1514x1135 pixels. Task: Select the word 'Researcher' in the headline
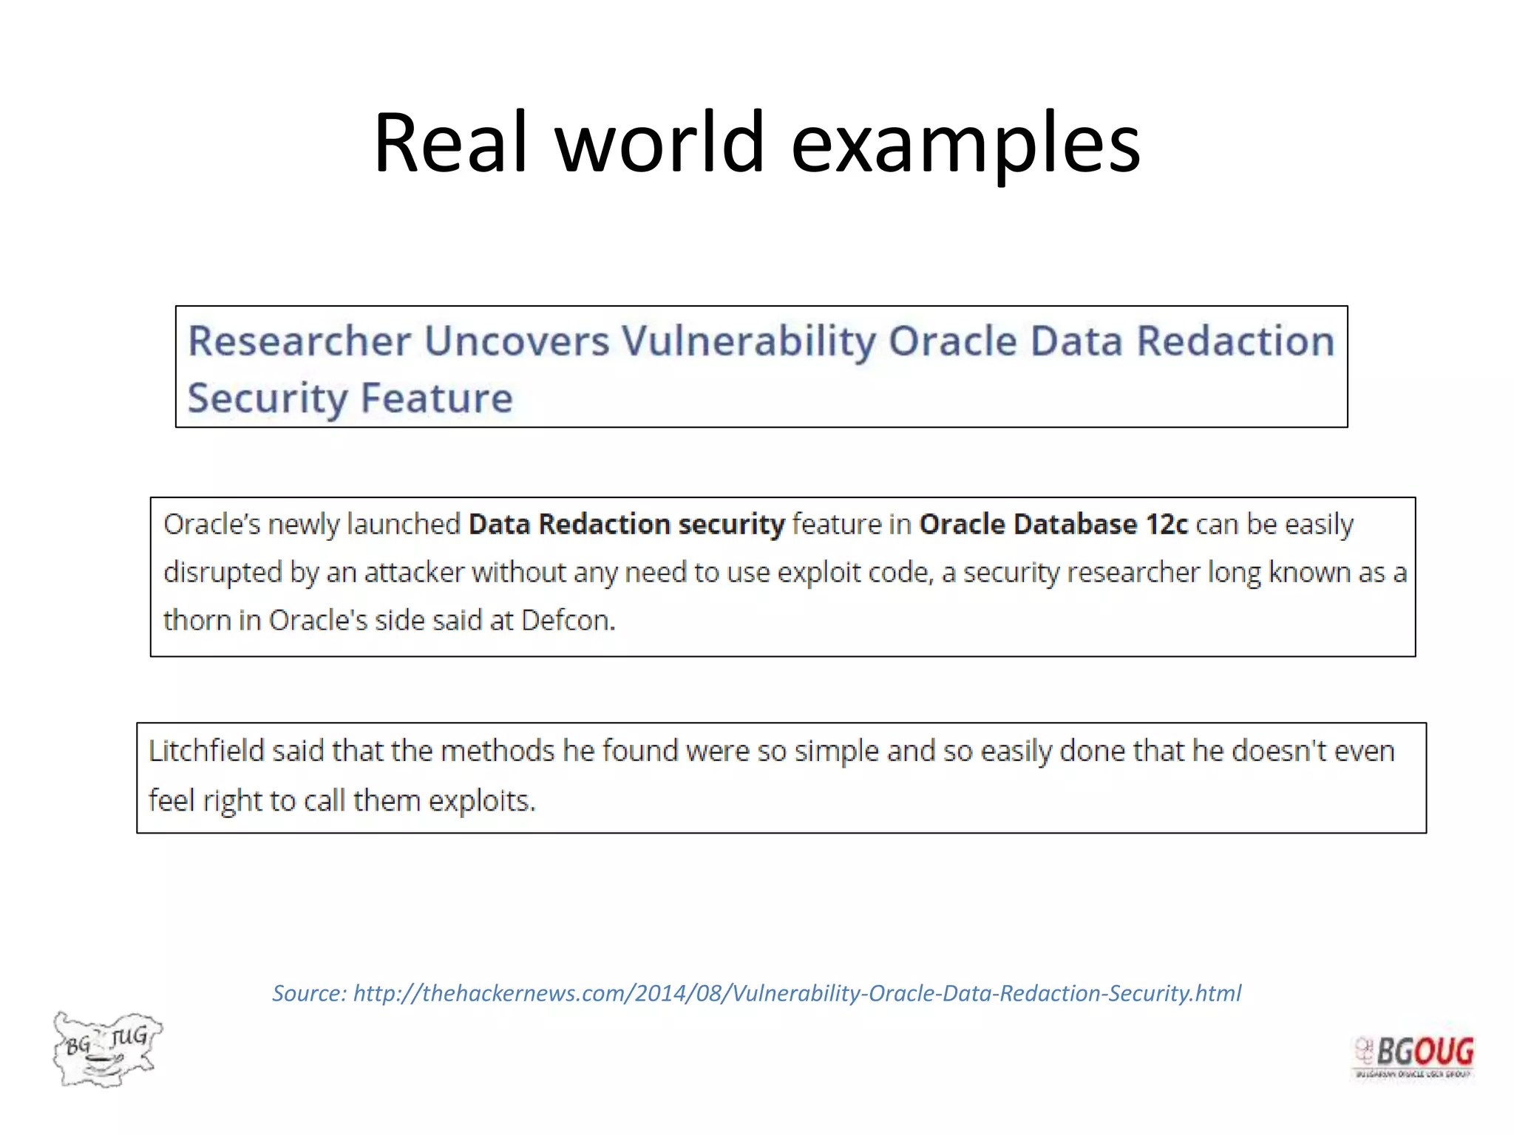[299, 341]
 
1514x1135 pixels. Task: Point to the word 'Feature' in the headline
[436, 398]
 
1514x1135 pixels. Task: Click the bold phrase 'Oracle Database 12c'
[1053, 525]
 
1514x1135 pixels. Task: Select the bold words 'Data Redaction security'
[626, 525]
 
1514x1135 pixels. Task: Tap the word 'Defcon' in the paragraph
[566, 621]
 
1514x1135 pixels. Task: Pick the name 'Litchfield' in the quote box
[206, 751]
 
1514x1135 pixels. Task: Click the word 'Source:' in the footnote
[309, 993]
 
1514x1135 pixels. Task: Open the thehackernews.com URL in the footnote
[797, 993]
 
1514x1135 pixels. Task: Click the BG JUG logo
[107, 1049]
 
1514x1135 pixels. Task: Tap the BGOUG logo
[1413, 1055]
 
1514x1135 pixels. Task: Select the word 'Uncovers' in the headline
[517, 341]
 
